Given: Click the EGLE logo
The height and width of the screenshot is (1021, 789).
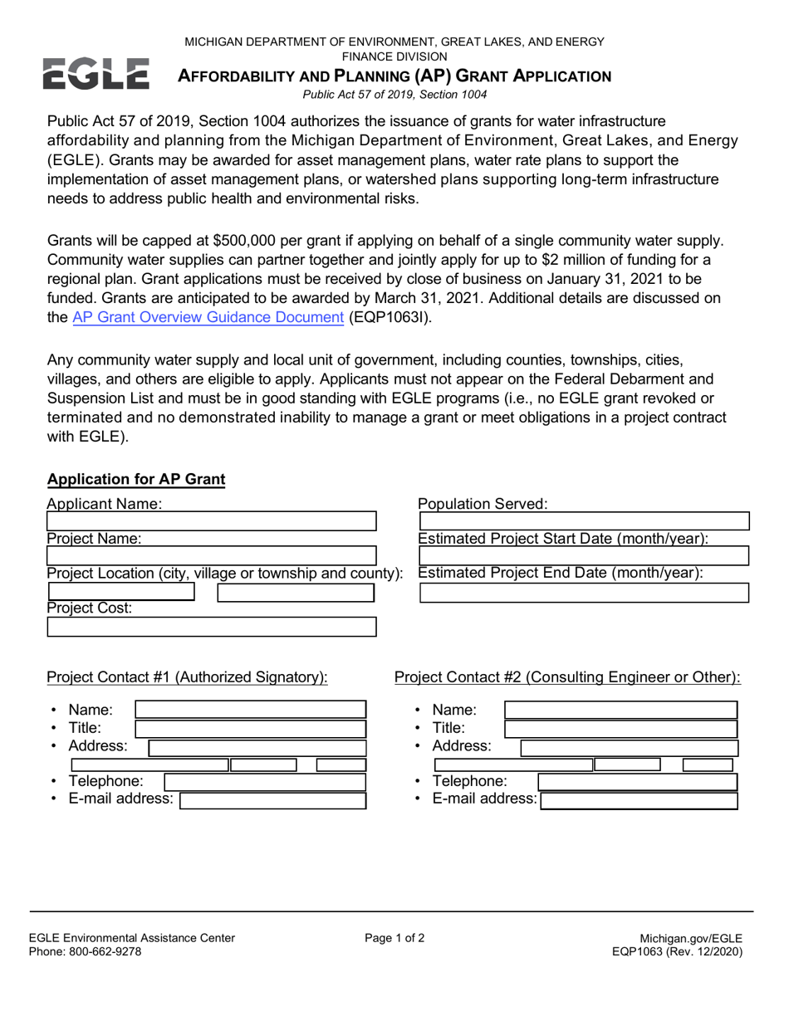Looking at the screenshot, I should pyautogui.click(x=96, y=74).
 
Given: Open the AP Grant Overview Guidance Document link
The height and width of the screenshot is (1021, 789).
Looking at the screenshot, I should pyautogui.click(x=208, y=316).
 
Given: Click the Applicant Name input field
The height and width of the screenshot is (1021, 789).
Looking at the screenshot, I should pyautogui.click(x=212, y=521).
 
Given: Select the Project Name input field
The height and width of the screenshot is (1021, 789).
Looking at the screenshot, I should pyautogui.click(x=212, y=555).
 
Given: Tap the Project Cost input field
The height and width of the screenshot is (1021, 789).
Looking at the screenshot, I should pyautogui.click(x=212, y=627).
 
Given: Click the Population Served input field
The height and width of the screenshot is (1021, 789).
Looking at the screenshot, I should pyautogui.click(x=585, y=521).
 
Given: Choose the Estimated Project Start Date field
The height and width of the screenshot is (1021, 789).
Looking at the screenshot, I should pyautogui.click(x=585, y=555).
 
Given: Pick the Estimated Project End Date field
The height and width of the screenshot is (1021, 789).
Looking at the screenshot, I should pyautogui.click(x=585, y=592).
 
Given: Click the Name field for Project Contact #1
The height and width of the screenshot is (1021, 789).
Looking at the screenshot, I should pyautogui.click(x=250, y=710).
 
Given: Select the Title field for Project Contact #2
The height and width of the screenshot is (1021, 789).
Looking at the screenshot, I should pyautogui.click(x=620, y=728).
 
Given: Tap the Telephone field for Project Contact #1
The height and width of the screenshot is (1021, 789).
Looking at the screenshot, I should pyautogui.click(x=265, y=782).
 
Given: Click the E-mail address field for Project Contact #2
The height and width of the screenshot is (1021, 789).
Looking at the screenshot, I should pyautogui.click(x=639, y=800).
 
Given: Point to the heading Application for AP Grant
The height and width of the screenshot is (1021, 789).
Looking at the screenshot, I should pyautogui.click(x=136, y=480).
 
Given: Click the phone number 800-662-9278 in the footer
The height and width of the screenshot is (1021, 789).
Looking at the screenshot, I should pyautogui.click(x=104, y=951).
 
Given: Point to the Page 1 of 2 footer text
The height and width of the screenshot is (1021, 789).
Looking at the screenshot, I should pyautogui.click(x=394, y=938).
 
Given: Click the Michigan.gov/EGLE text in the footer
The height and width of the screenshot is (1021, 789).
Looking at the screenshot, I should pyautogui.click(x=691, y=938).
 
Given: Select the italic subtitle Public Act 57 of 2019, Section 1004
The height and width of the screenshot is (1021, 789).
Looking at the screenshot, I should pyautogui.click(x=394, y=95).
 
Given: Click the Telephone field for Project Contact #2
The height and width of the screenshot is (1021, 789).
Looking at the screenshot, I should pyautogui.click(x=637, y=782).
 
